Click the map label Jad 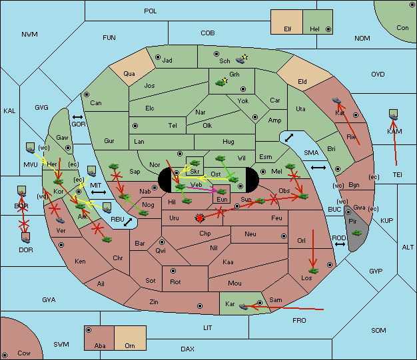[167, 61]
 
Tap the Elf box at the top [288, 29]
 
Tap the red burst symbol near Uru [199, 218]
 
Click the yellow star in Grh [226, 81]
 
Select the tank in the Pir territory [357, 233]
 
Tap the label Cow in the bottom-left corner [24, 353]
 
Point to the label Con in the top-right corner [402, 28]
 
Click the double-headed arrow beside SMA [318, 167]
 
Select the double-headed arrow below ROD [340, 246]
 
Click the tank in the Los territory [314, 270]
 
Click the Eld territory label [302, 82]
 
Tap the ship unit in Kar [244, 306]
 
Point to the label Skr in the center [195, 172]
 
